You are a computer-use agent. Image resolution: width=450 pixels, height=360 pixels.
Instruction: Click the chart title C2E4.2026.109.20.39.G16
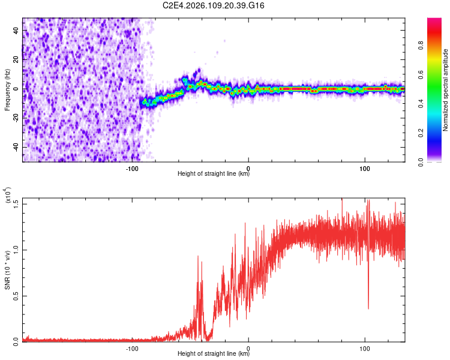point(214,5)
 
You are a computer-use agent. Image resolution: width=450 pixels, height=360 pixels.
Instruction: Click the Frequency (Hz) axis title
point(7,89)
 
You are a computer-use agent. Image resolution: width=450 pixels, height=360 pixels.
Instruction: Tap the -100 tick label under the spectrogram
point(132,167)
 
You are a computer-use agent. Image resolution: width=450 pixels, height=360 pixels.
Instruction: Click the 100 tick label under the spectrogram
point(365,167)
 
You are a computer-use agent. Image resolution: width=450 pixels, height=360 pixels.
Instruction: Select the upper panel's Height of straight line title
point(214,175)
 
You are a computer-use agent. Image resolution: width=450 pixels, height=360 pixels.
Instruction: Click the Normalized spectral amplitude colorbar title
point(445,89)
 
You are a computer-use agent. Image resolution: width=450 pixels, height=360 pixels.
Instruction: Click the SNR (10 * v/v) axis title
point(7,269)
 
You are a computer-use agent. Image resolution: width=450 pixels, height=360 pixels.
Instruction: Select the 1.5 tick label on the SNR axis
point(16,202)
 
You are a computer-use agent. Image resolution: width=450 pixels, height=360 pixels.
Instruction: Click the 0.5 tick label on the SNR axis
point(16,295)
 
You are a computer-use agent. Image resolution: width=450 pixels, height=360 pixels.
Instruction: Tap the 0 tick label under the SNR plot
point(248,347)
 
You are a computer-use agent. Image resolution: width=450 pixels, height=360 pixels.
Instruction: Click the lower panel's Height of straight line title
point(214,355)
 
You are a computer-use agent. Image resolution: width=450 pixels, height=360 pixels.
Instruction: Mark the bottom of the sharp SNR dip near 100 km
point(368,308)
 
